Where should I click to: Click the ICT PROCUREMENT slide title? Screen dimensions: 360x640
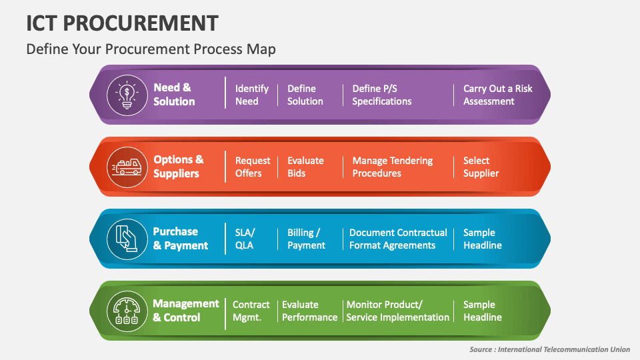122,23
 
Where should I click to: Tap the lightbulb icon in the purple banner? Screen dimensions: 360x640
127,95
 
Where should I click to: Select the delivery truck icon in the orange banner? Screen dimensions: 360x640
127,167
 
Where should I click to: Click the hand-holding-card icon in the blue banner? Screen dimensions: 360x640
127,239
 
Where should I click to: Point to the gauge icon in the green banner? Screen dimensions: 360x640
127,311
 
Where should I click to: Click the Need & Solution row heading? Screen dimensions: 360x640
174,95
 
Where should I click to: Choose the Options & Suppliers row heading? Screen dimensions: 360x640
178,167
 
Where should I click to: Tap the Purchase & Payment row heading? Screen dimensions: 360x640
181,239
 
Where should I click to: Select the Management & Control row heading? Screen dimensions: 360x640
186,311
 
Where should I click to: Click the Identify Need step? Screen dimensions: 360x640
251,95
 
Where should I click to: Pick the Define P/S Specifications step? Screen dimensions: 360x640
382,95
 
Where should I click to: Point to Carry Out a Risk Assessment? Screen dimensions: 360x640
497,95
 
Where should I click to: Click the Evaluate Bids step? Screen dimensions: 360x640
305,167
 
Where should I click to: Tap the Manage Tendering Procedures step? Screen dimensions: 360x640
392,167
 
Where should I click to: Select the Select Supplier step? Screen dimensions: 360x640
481,167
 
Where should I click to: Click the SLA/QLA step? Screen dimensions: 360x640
245,239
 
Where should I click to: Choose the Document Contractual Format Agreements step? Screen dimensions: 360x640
398,239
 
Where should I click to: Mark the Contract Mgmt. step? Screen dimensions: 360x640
251,311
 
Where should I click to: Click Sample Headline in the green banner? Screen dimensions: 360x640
482,311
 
